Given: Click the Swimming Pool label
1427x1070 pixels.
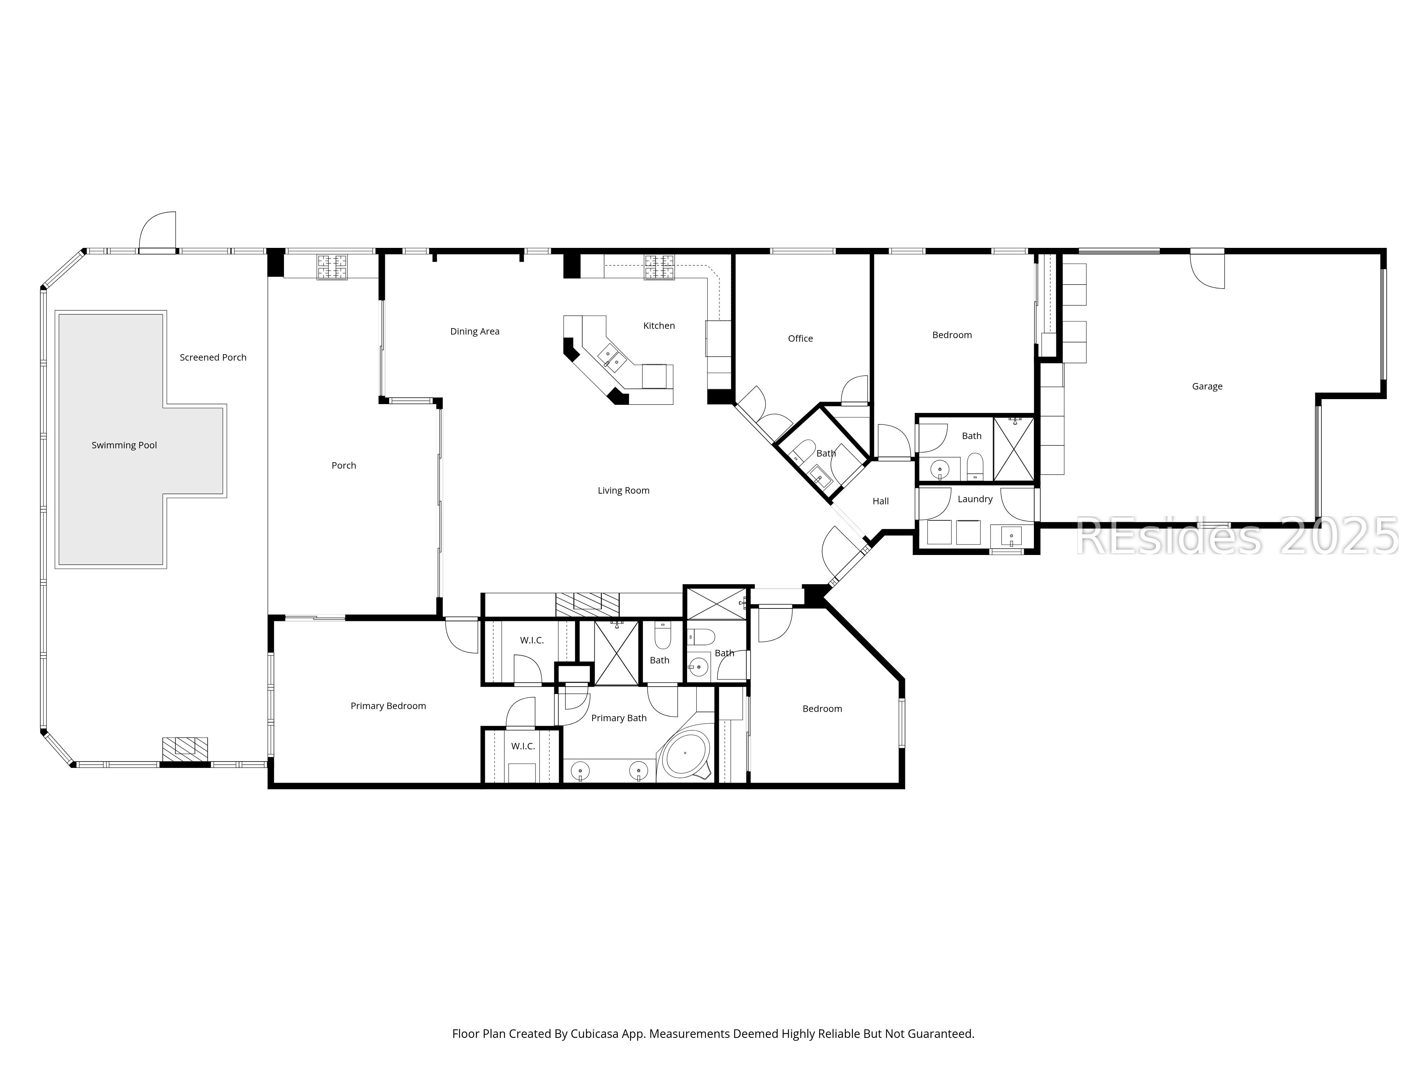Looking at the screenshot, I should [x=124, y=445].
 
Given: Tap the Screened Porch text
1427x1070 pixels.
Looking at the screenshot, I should [x=213, y=357].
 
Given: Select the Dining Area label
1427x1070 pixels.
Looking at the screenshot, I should [x=475, y=331].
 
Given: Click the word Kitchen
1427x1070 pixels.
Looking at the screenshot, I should [x=659, y=326].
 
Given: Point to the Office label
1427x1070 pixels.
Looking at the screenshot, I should [x=800, y=338].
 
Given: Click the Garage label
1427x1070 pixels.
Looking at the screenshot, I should [x=1207, y=386].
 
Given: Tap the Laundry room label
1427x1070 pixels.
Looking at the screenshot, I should [x=975, y=499].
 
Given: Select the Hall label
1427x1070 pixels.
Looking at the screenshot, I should [x=880, y=501].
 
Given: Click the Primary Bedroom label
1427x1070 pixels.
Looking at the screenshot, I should [x=388, y=705].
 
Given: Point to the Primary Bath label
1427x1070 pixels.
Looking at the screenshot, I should [x=619, y=718].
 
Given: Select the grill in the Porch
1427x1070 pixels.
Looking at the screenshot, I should [x=331, y=267].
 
